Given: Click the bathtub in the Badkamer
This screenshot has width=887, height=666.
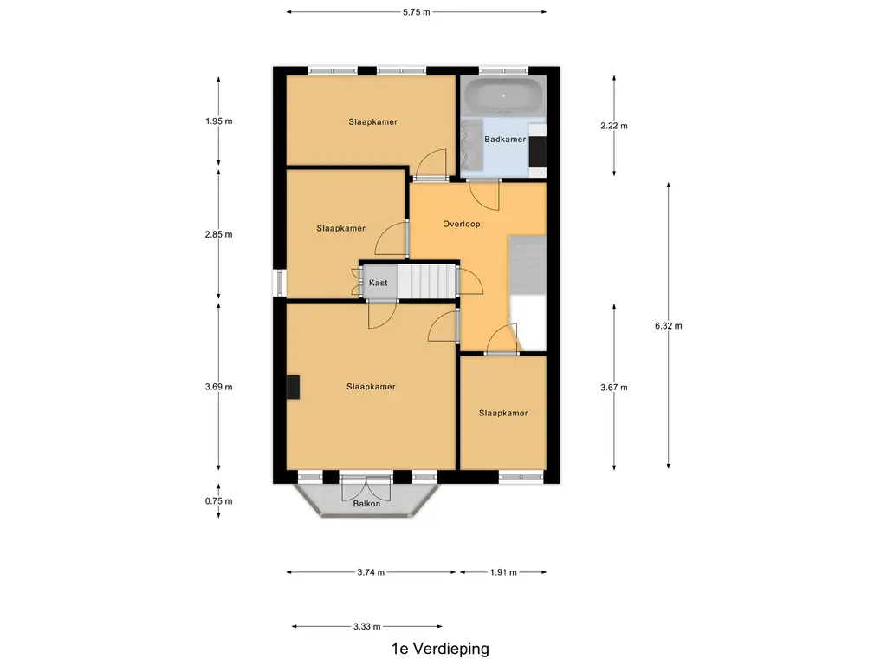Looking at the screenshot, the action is click(503, 95).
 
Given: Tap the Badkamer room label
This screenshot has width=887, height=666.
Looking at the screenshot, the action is click(505, 140).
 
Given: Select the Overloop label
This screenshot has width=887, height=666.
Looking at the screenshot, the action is click(462, 224).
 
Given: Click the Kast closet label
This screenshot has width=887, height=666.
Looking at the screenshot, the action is click(379, 283).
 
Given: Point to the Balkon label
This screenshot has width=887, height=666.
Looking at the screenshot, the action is click(366, 504).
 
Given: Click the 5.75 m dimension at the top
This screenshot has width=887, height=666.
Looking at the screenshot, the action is click(417, 12).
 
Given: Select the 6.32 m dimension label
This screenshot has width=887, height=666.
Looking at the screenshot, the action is click(669, 326).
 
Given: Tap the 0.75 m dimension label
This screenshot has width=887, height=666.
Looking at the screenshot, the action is click(219, 500).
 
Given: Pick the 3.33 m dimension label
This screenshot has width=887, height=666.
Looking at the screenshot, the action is click(367, 626).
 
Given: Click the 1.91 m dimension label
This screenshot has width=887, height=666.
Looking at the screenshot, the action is click(503, 572).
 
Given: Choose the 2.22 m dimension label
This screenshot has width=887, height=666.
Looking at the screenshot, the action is click(614, 126).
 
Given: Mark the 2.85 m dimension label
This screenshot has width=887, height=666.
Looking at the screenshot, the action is click(219, 234).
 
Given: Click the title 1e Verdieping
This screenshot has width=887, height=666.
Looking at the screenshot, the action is click(440, 649).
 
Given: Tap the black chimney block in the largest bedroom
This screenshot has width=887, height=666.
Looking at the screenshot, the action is click(293, 388).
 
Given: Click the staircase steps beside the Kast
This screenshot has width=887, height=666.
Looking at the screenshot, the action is click(426, 282).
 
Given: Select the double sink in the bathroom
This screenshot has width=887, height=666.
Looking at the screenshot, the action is click(472, 145).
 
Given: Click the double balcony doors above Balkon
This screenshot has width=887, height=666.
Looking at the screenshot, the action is click(366, 488).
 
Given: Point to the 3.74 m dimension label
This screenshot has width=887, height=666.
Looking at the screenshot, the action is click(371, 572).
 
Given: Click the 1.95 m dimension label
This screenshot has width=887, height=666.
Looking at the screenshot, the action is click(219, 121).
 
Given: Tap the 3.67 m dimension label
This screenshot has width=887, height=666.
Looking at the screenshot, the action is click(614, 388).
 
